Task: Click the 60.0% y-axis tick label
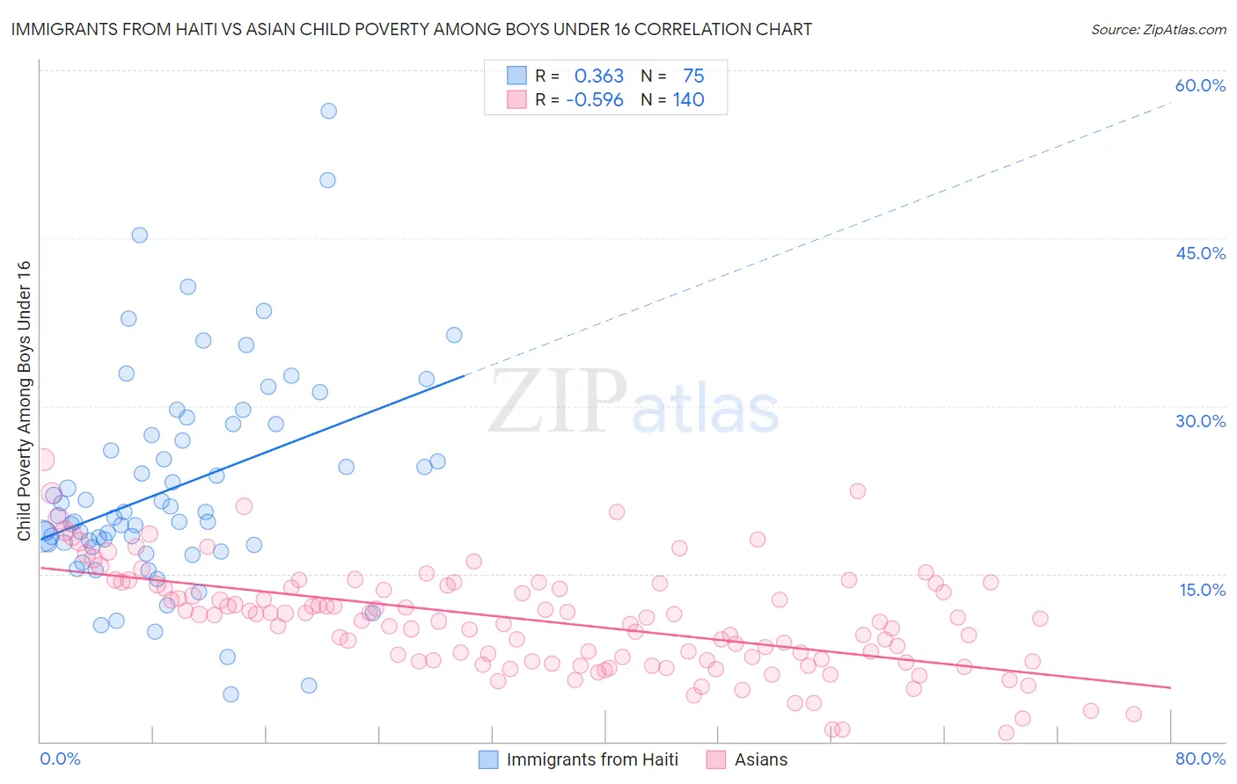1200,85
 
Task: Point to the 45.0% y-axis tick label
1200,253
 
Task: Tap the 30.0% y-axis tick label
1200,421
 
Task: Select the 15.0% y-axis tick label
1202,590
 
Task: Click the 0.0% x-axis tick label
60,759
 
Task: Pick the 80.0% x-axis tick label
1200,759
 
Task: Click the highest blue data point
328,111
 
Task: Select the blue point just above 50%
327,180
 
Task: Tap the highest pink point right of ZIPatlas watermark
858,491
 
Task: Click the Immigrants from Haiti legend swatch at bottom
488,759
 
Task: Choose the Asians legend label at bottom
761,759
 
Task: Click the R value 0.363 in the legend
598,76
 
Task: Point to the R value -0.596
595,100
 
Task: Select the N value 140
688,100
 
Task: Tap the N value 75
693,76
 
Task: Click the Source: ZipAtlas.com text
1158,29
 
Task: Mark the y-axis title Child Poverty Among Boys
24,400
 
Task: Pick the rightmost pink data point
1133,715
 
